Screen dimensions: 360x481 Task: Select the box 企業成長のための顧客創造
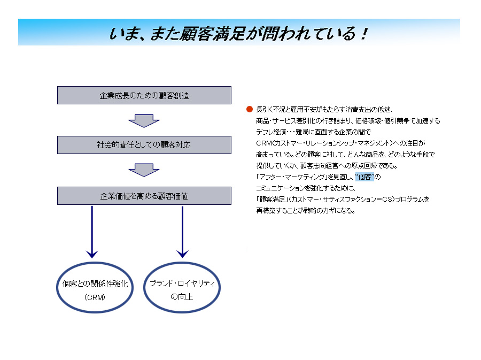point(144,95)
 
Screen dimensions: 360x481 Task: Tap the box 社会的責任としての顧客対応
point(144,145)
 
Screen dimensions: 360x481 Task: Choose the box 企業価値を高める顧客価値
point(144,196)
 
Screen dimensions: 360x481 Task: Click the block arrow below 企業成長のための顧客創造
point(144,120)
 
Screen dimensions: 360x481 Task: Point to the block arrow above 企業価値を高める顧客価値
point(144,170)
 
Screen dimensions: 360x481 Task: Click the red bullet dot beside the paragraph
point(249,109)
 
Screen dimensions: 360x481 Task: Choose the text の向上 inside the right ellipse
point(182,296)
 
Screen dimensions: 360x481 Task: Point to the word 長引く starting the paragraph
point(264,110)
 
